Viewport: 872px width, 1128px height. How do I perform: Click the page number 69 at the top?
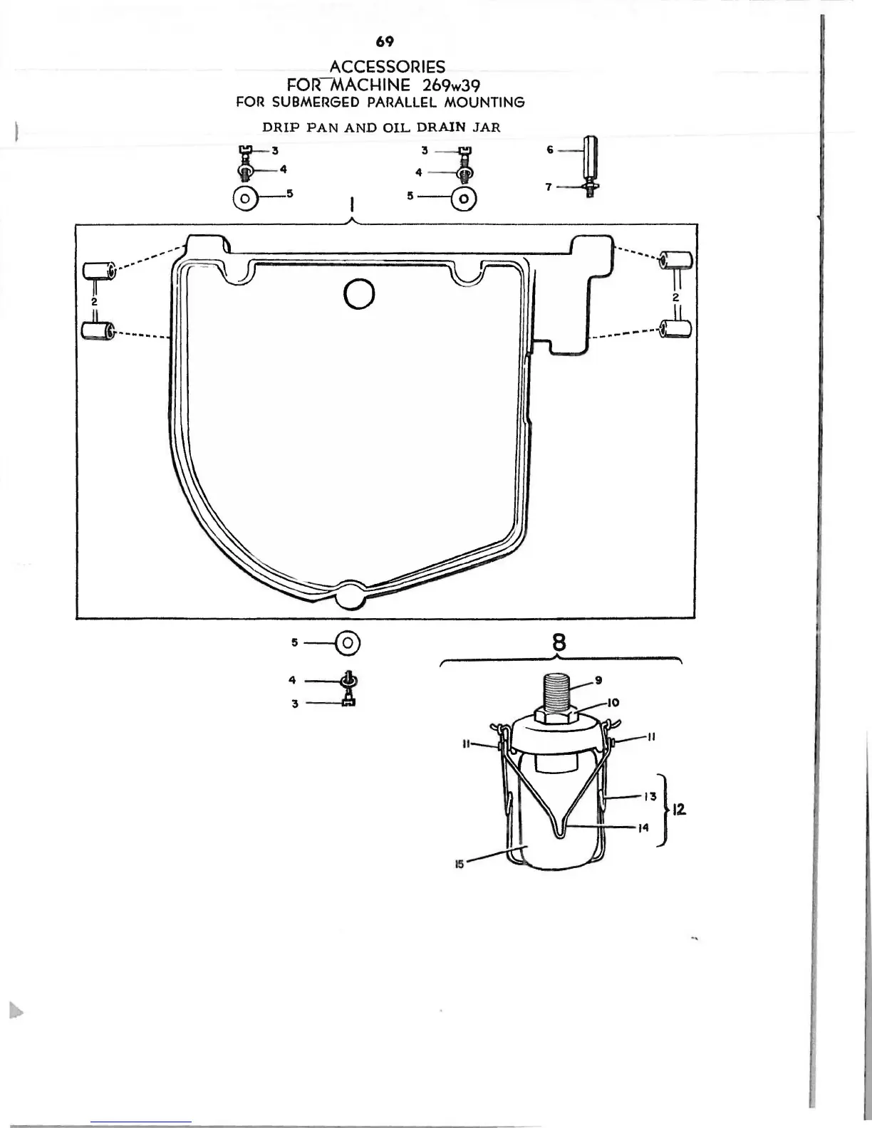385,41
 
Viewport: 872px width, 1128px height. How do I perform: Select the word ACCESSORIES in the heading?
388,67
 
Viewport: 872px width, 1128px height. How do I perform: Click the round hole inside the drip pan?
359,292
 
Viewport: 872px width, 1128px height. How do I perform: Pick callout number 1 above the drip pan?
351,206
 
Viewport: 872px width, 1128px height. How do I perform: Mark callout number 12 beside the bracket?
679,809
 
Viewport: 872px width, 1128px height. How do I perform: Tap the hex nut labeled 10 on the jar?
559,716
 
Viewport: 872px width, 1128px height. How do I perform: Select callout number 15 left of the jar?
460,864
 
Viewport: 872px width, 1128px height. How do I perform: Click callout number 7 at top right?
549,187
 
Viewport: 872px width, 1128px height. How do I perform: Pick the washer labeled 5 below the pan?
348,642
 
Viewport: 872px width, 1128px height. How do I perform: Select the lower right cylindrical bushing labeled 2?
675,329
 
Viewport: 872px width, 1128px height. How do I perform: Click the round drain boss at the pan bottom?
349,595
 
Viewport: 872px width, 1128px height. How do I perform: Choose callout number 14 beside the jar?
644,827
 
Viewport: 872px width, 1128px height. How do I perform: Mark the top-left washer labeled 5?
245,198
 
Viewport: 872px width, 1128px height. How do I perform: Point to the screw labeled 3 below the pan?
349,703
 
